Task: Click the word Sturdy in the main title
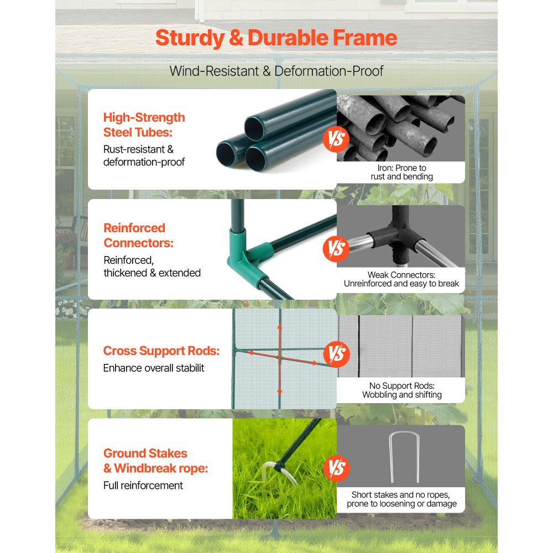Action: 190,39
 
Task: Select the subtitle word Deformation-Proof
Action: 328,71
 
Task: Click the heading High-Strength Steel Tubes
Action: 144,125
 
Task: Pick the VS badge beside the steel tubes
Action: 336,139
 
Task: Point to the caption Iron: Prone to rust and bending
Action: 401,172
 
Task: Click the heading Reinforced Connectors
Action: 139,235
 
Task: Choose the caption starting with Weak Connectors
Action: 401,279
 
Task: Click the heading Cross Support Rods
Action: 161,351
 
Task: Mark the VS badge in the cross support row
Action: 336,354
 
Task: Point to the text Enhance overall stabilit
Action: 153,368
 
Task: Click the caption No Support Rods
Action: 401,390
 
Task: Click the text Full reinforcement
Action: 143,486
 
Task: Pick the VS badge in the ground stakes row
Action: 336,468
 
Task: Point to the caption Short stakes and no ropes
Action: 401,499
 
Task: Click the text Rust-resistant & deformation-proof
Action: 144,155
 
